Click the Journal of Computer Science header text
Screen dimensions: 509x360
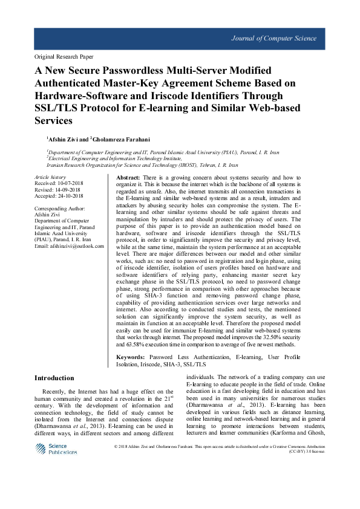(x=273, y=39)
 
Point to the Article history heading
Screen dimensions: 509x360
(x=50, y=177)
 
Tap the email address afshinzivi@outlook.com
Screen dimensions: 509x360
(x=77, y=247)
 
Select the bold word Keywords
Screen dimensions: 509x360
(x=130, y=358)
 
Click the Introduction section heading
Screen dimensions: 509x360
(x=54, y=378)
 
